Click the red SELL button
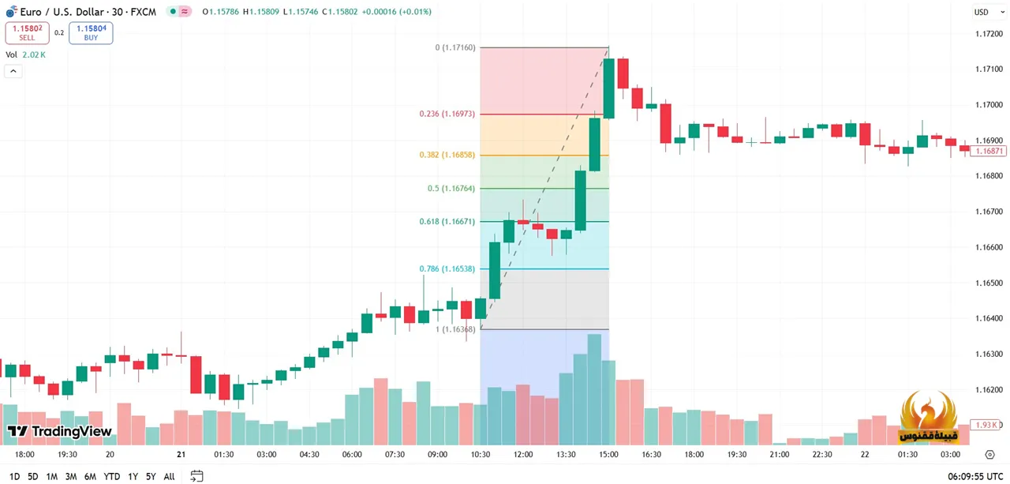point(27,33)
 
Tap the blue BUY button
point(91,33)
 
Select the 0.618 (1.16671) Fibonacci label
point(447,222)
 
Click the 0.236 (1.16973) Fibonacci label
point(447,114)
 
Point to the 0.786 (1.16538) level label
point(447,269)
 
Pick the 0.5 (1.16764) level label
point(451,189)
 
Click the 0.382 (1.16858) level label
point(447,156)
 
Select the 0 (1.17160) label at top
point(455,48)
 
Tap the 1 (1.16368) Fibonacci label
point(455,329)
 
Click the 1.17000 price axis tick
point(989,105)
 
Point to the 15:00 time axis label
point(608,455)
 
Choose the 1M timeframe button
point(51,477)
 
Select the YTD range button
point(111,477)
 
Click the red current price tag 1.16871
point(989,151)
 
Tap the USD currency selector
point(983,12)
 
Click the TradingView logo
point(60,432)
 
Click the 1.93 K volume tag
point(987,425)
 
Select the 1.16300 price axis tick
point(989,355)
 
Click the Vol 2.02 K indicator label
point(25,54)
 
